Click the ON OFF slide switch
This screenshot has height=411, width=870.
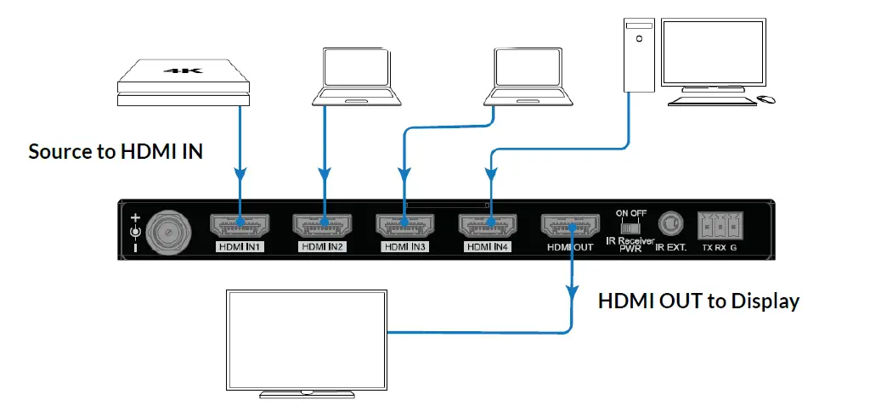(x=630, y=228)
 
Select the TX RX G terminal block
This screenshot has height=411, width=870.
(x=720, y=227)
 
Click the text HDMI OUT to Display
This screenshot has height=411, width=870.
(x=698, y=301)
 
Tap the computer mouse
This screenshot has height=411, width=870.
(x=766, y=100)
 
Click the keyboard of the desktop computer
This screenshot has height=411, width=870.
(x=710, y=101)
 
